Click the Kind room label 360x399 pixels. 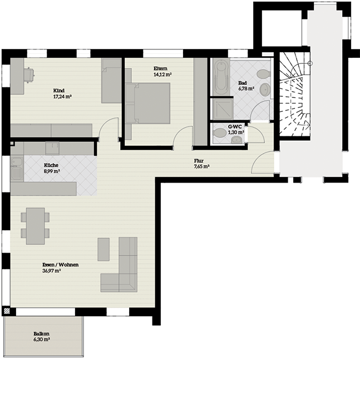click(59, 91)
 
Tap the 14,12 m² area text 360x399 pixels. click(162, 75)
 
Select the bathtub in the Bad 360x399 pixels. click(220, 77)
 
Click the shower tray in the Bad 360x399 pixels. click(223, 109)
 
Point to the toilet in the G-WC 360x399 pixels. click(220, 132)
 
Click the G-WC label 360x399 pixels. click(235, 126)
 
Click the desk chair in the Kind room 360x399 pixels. click(29, 75)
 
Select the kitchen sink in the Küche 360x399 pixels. click(17, 169)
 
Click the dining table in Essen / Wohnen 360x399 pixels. click(36, 226)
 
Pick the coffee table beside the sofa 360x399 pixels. click(103, 249)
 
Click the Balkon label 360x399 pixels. click(42, 333)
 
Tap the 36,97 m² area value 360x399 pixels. click(51, 271)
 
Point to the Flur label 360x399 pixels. click(199, 161)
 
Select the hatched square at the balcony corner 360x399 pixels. click(7, 311)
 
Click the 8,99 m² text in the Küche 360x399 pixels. click(52, 171)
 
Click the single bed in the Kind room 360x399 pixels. click(111, 81)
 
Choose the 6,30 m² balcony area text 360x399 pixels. click(42, 339)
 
